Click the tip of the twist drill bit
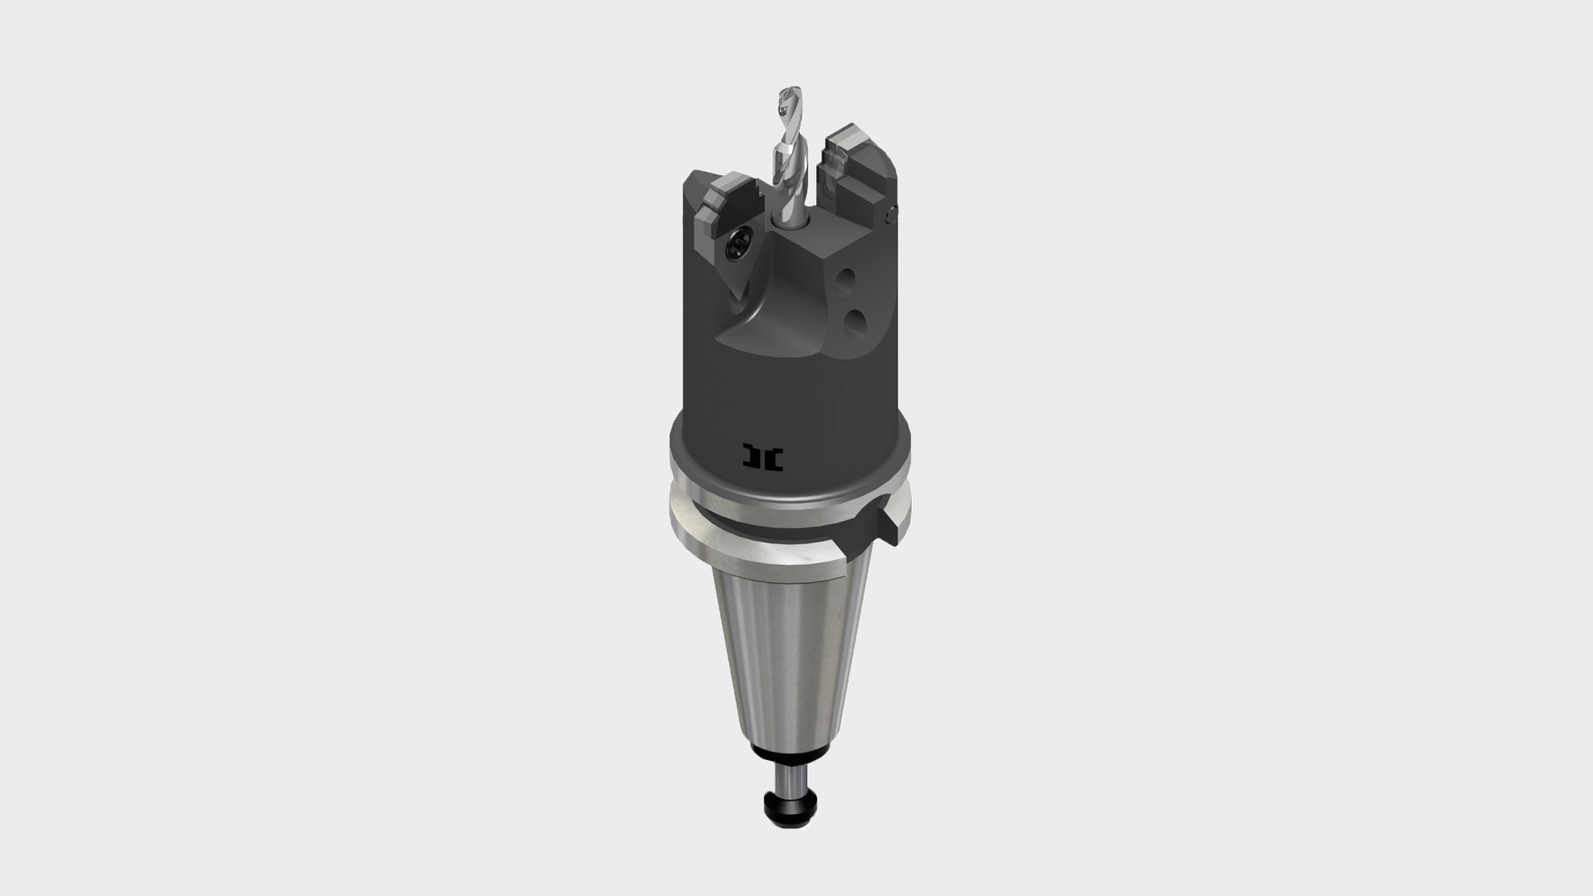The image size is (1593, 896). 786,94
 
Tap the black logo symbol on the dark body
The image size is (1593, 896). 763,457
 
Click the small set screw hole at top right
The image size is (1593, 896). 892,214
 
